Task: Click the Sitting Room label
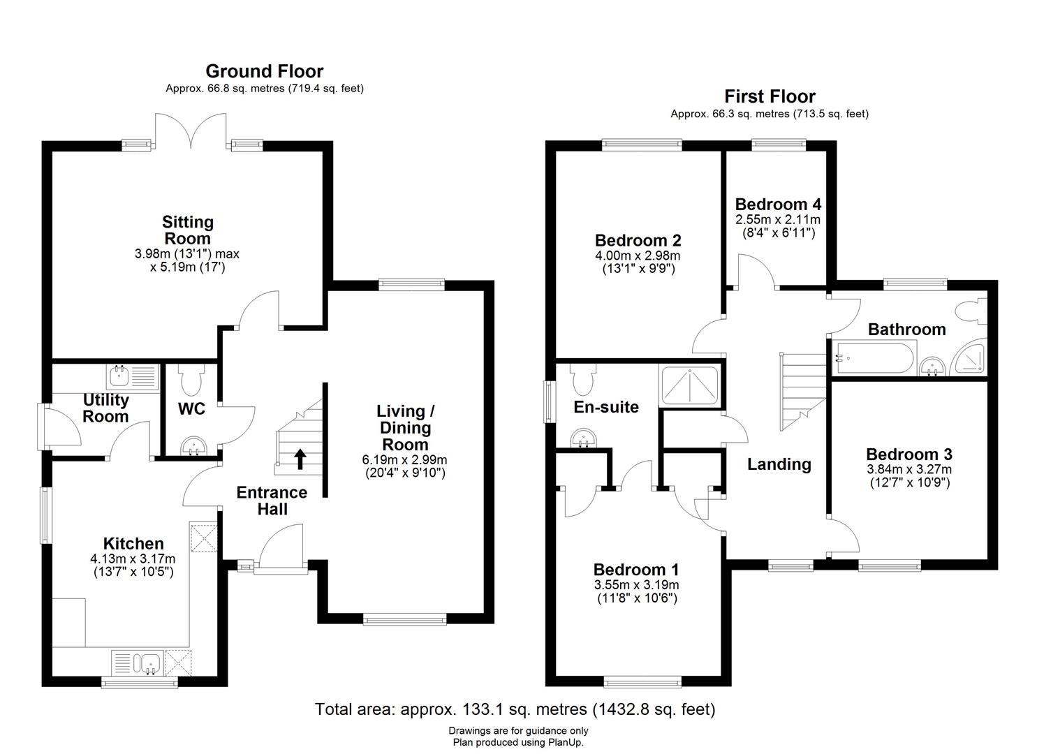tap(188, 230)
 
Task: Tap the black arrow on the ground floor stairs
tap(301, 459)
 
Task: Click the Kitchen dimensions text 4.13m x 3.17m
tap(133, 559)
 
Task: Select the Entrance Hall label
tap(272, 501)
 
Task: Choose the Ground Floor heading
tap(264, 71)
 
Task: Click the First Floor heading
tap(770, 96)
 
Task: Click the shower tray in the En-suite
tap(689, 386)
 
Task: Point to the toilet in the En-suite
tap(582, 379)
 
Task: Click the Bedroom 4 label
tap(778, 205)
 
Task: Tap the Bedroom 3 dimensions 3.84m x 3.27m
tap(909, 469)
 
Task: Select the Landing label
tap(779, 464)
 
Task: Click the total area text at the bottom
tap(515, 709)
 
